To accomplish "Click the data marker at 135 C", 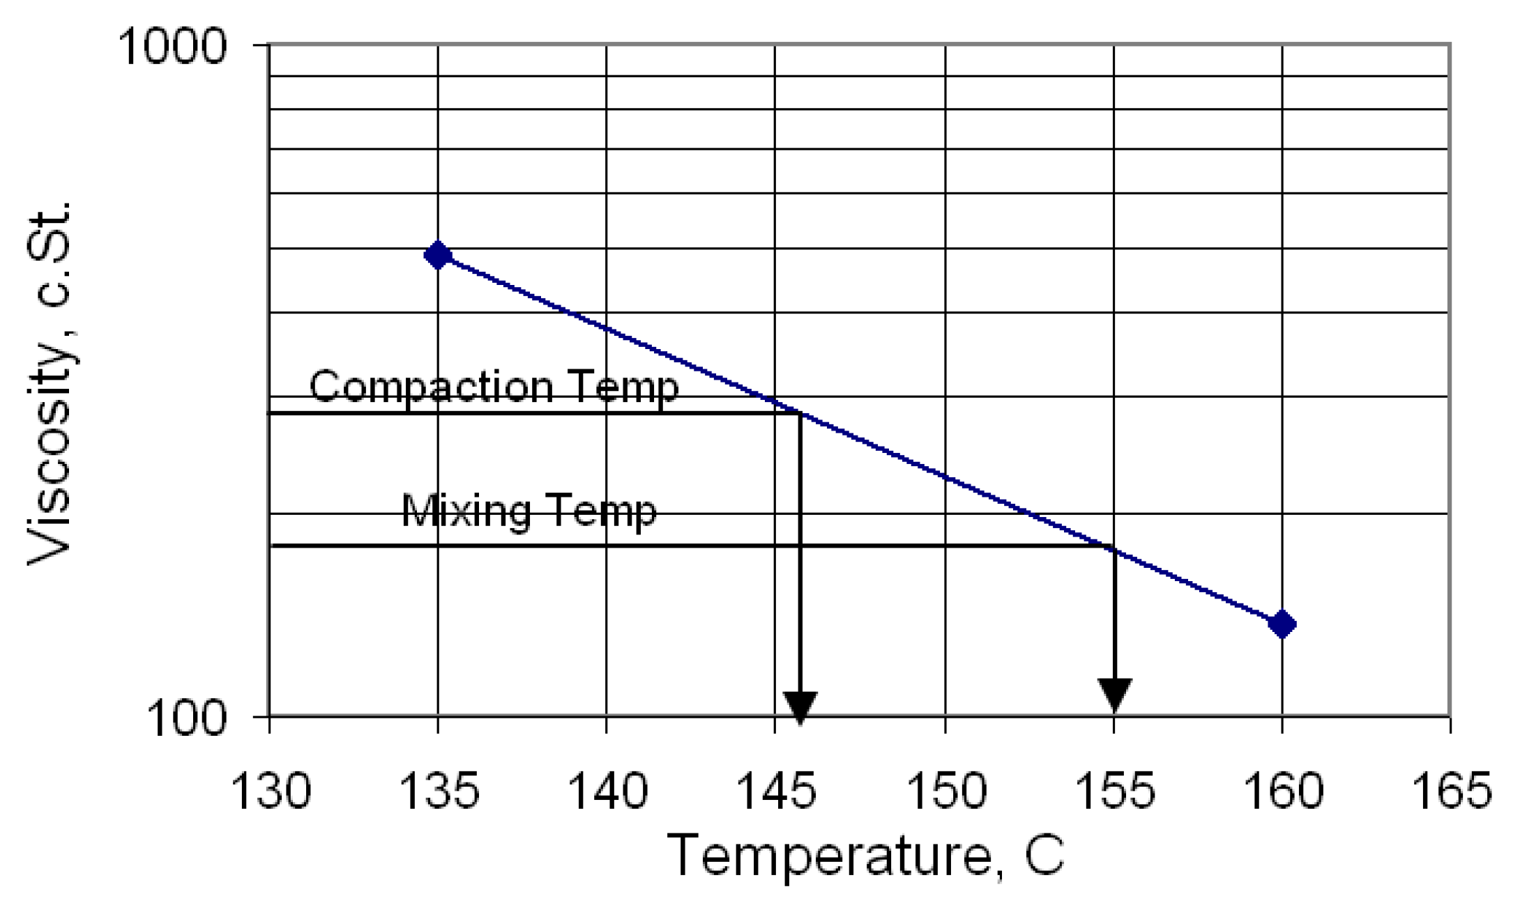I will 438,255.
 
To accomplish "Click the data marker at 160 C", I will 1282,624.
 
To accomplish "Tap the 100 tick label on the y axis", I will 188,719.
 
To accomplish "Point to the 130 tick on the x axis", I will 269,792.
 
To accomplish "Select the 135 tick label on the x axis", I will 438,792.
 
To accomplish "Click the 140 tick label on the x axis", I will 607,792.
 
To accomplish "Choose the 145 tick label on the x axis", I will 775,792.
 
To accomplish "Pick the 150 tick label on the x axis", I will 945,792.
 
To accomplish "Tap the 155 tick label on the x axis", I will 1114,792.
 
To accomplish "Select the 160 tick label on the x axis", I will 1282,792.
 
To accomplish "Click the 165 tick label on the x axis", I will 1451,792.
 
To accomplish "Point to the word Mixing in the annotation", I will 465,511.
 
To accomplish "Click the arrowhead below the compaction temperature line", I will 800,707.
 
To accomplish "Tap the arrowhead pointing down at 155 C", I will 1114,694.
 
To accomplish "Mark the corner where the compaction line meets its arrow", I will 800,414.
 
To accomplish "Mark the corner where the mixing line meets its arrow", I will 1114,546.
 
